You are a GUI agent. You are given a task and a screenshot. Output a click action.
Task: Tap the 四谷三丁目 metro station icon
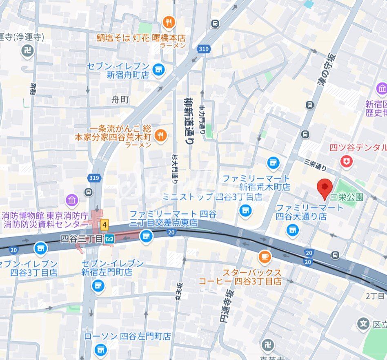click(x=109, y=239)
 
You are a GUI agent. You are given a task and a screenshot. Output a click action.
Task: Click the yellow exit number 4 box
click(x=105, y=224)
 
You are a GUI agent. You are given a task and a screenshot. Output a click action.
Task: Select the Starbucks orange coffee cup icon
click(x=265, y=256)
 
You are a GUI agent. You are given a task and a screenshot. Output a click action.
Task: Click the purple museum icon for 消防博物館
click(x=72, y=200)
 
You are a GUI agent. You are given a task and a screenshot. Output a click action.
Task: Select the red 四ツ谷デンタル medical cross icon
click(x=347, y=162)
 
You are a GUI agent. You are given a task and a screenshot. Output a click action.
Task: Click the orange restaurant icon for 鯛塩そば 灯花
click(x=169, y=22)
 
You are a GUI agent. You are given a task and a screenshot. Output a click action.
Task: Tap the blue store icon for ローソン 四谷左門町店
click(x=100, y=349)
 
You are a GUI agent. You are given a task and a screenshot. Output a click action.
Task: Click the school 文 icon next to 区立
click(x=362, y=325)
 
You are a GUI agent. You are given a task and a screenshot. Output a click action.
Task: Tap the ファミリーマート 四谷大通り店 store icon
click(x=292, y=230)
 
